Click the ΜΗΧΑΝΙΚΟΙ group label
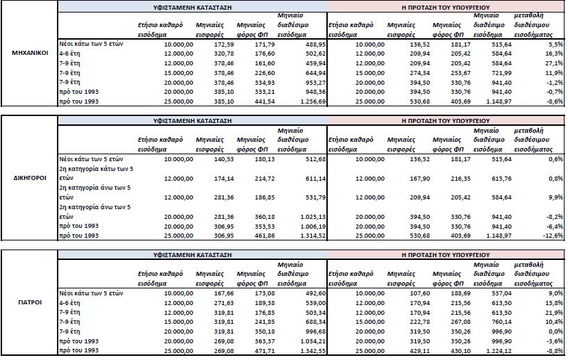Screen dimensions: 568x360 point(30,53)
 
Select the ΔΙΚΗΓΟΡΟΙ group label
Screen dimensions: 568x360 point(30,178)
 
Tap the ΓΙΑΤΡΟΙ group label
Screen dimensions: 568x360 point(30,302)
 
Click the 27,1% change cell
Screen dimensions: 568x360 point(554,63)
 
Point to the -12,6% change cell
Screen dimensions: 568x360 point(552,236)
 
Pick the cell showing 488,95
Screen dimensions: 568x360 point(315,44)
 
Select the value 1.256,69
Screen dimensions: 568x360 point(313,101)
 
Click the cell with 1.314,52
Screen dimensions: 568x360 point(313,236)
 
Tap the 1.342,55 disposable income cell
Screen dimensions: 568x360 point(313,350)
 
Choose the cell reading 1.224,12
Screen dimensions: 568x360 point(499,350)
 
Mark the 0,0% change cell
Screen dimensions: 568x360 point(556,332)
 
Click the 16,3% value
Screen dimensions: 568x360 point(554,54)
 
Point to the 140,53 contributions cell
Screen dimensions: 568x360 point(224,159)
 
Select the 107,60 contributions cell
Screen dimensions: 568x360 point(419,293)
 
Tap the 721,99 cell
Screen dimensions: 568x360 point(501,73)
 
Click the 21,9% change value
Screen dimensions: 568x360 point(554,313)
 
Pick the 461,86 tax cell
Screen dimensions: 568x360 point(265,236)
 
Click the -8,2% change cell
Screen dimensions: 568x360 point(554,217)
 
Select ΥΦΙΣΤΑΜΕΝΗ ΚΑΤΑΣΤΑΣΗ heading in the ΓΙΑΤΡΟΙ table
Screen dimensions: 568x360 point(192,255)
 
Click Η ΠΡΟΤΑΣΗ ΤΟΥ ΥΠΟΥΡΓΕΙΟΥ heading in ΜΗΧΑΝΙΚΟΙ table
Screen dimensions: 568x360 point(446,7)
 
